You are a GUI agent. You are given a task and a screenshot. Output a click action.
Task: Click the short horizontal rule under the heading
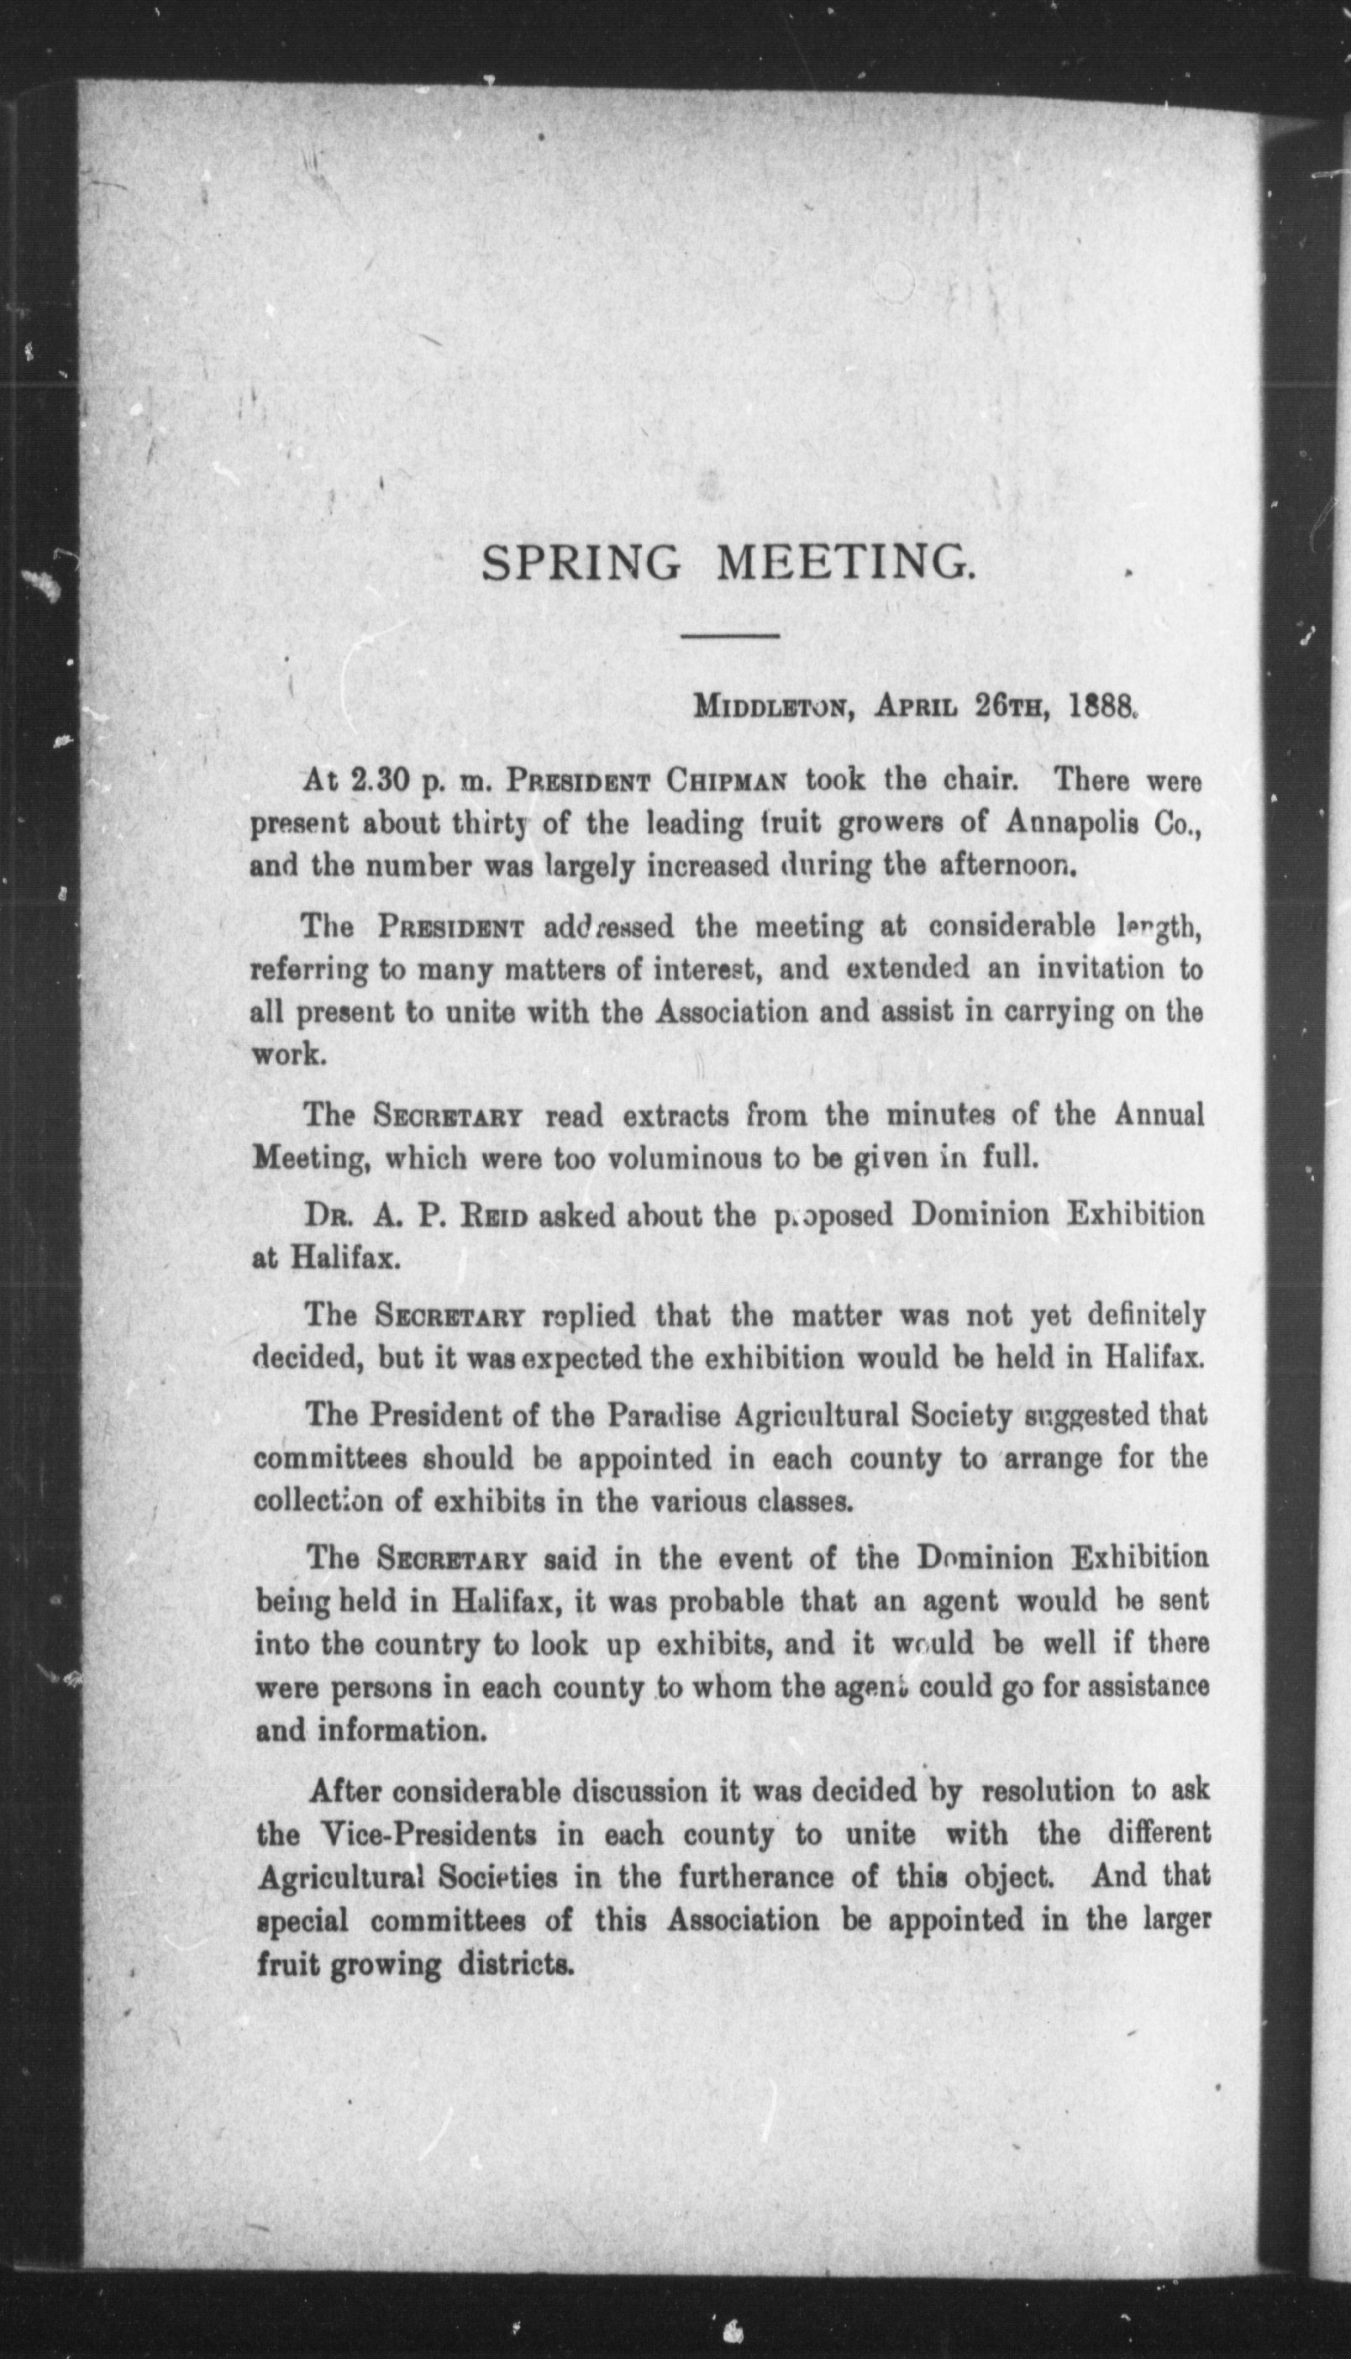click(x=729, y=635)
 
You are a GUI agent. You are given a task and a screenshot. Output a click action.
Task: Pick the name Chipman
click(x=728, y=781)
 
